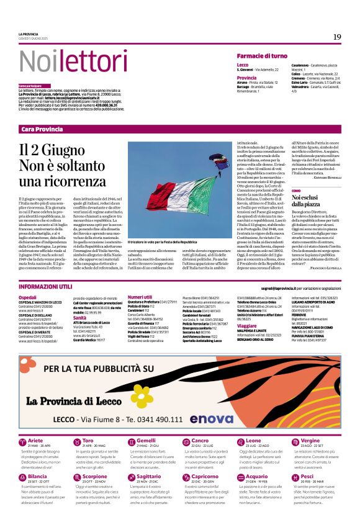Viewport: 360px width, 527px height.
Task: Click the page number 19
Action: tap(336, 37)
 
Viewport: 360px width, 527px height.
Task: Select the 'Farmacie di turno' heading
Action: tap(262, 56)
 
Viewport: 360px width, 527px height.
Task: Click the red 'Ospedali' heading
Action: tap(27, 298)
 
